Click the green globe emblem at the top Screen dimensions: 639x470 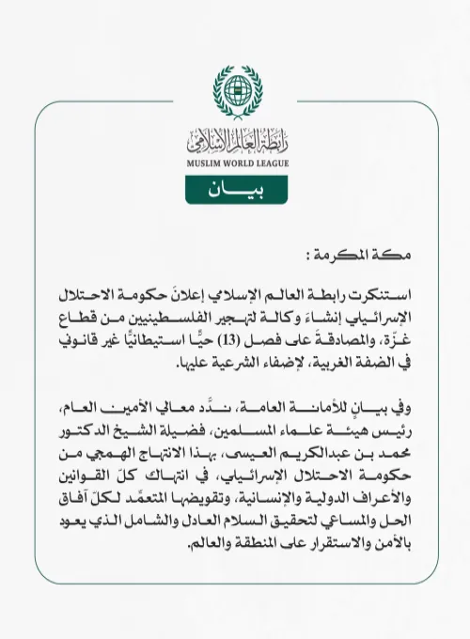click(x=234, y=90)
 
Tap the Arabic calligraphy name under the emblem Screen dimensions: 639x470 click(x=234, y=141)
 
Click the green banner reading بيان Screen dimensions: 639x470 click(x=234, y=190)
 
